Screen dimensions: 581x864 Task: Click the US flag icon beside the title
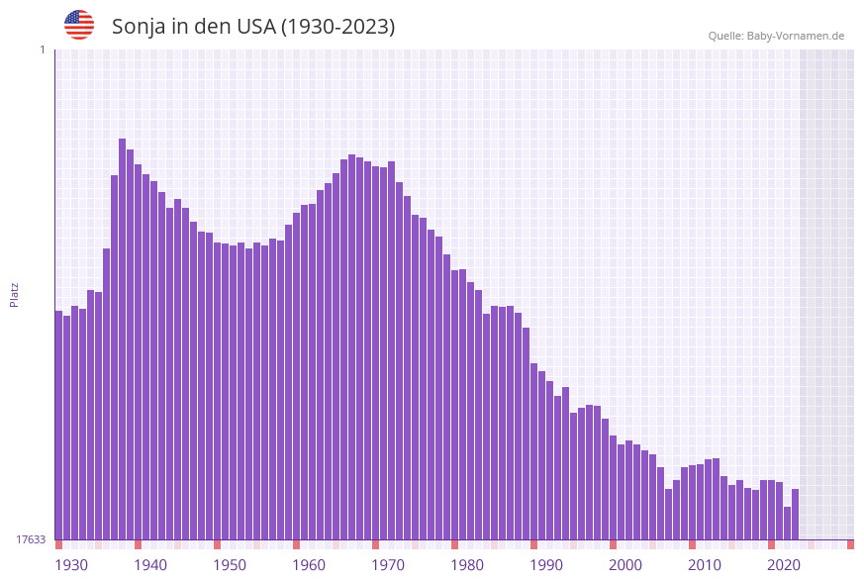coord(79,25)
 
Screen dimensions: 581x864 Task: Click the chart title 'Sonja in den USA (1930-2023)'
coord(253,27)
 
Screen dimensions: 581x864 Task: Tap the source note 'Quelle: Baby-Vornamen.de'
coord(776,36)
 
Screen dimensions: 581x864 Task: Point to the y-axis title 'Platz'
coord(15,294)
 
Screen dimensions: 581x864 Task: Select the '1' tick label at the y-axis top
coord(42,49)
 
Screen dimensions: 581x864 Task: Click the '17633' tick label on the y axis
coord(31,539)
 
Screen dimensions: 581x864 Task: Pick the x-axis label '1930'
coord(71,565)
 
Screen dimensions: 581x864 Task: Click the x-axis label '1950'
coord(230,565)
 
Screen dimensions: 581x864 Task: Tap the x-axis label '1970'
coord(388,565)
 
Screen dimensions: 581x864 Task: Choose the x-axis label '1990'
coord(546,565)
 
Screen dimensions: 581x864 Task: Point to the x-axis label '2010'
coord(705,565)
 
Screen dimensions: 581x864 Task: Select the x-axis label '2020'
coord(784,565)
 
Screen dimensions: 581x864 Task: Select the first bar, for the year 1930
coord(59,426)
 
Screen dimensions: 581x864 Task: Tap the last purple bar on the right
coord(795,515)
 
